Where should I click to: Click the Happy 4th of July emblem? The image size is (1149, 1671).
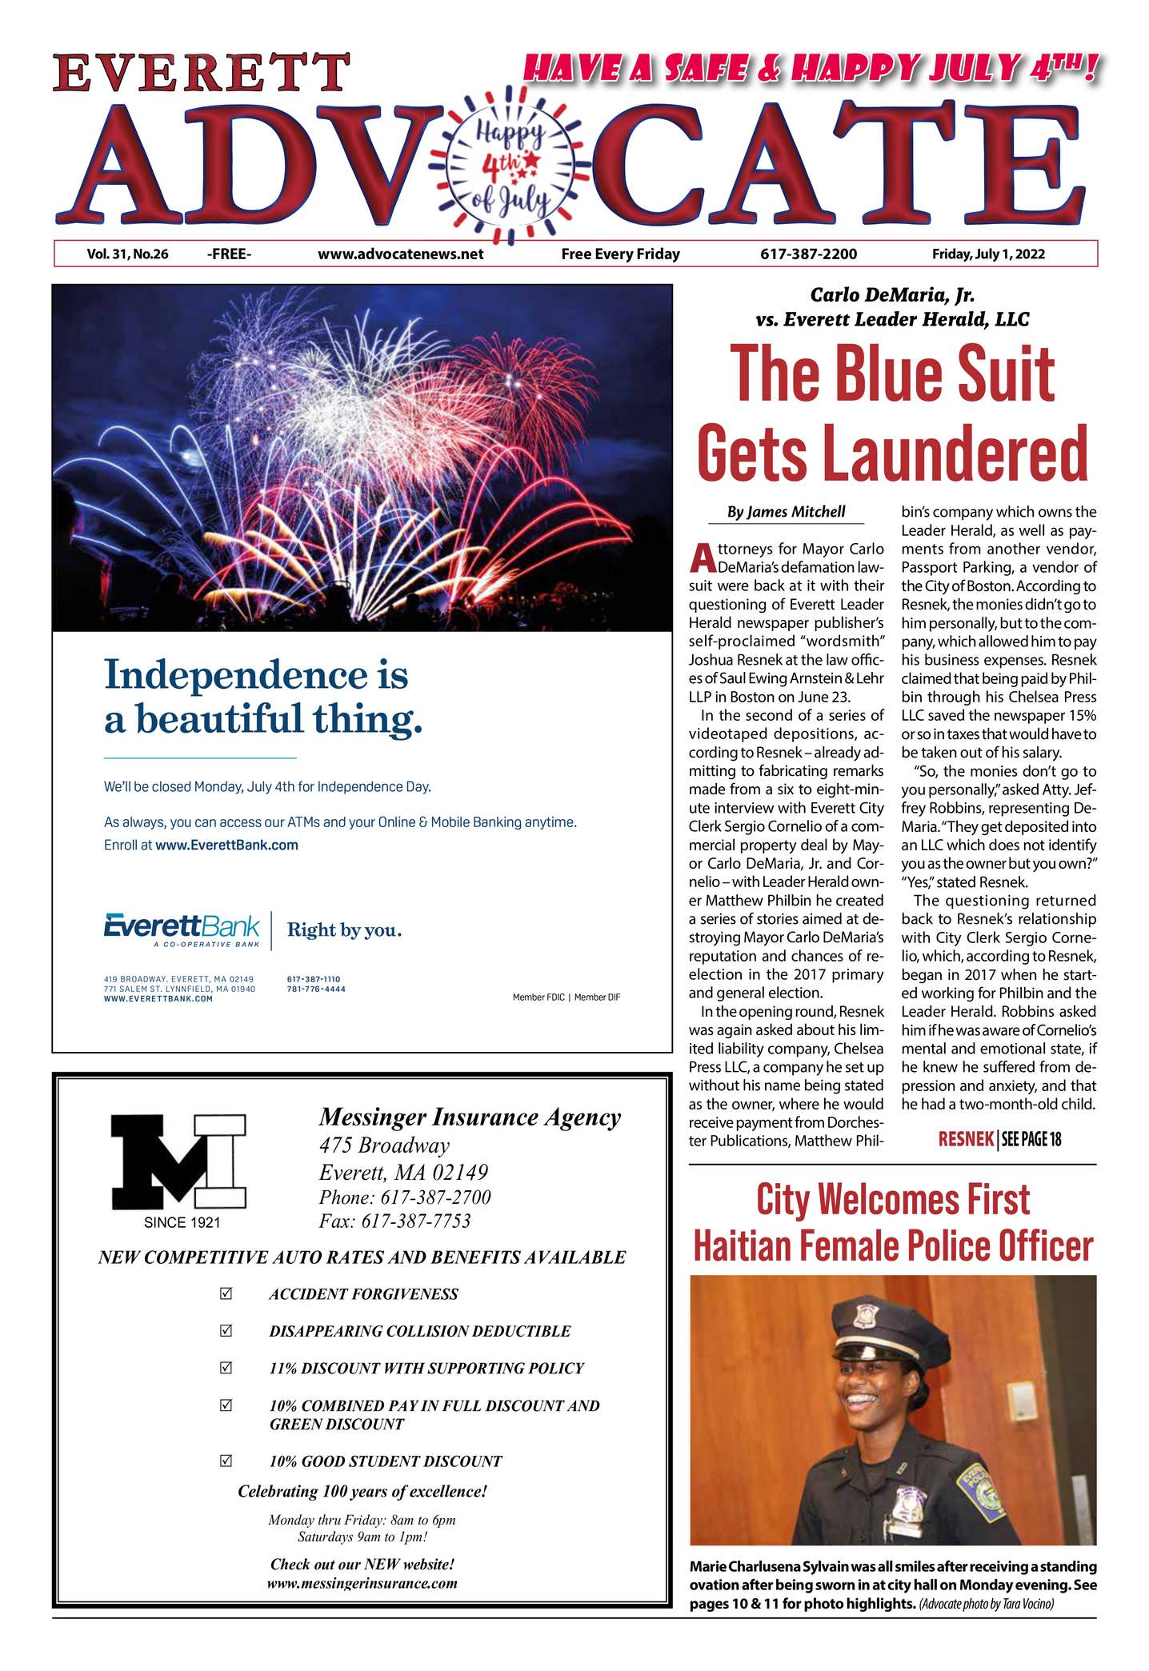click(510, 166)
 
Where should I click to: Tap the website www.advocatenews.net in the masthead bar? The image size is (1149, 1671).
click(400, 254)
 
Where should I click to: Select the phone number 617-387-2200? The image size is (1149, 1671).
click(808, 254)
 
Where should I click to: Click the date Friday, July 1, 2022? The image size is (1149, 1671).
click(988, 254)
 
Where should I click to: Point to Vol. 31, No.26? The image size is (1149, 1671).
click(127, 254)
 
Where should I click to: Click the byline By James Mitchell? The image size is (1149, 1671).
click(786, 512)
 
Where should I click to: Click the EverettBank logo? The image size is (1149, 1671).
click(182, 929)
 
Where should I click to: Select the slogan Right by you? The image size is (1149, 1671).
click(344, 930)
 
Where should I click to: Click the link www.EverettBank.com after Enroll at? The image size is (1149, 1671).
click(226, 845)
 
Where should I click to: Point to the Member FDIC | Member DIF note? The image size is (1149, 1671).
click(566, 997)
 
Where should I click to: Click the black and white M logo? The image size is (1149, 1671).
click(178, 1161)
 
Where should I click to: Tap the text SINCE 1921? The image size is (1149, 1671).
click(182, 1222)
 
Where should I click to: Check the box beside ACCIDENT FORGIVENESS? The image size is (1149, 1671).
click(226, 1293)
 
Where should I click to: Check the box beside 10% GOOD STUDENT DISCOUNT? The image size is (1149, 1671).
click(226, 1461)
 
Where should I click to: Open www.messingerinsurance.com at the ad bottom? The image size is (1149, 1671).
click(362, 1583)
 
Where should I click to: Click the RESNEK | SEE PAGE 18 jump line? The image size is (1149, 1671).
click(999, 1139)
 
